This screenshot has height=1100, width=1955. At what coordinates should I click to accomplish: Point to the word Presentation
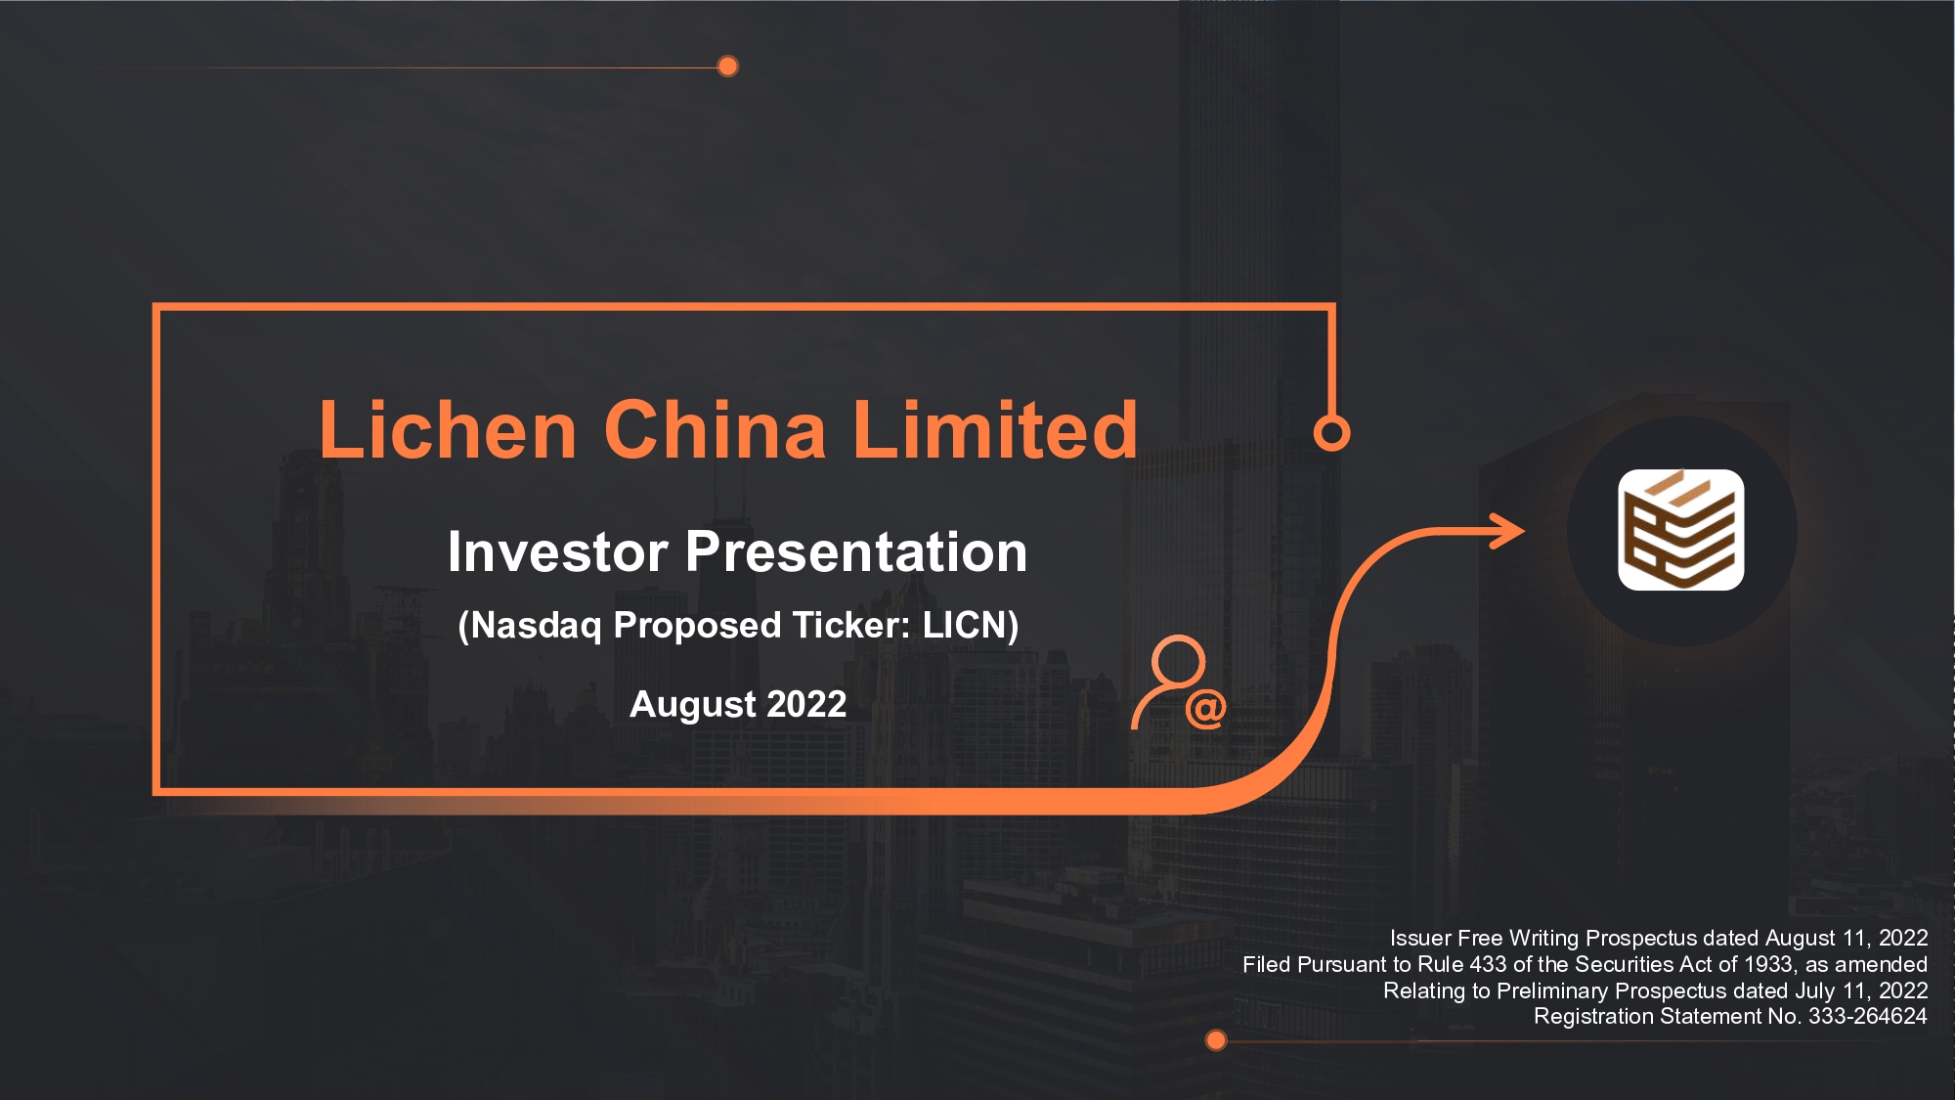coord(856,551)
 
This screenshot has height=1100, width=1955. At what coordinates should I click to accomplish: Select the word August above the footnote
coord(693,705)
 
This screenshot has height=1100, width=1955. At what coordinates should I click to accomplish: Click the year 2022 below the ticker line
coord(806,704)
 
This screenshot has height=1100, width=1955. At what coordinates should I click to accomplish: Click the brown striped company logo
coord(1681,530)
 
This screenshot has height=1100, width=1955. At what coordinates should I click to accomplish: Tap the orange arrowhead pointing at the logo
coord(1506,532)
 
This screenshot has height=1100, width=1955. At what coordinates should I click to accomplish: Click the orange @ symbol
coord(1205,709)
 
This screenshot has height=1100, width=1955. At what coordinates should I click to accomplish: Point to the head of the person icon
coord(1178,662)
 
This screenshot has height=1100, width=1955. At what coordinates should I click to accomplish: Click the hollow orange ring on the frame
coord(1331,432)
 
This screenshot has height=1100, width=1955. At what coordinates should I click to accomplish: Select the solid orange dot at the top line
coord(727,66)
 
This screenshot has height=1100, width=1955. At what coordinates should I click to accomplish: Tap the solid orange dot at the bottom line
coord(1216,1040)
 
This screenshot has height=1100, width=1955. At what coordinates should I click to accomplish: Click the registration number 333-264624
coord(1867,1016)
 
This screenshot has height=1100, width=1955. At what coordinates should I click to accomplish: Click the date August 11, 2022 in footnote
coord(1846,939)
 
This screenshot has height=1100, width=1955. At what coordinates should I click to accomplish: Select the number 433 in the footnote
coord(1488,964)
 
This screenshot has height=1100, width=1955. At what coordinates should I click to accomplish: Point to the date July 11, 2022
coord(1861,990)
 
